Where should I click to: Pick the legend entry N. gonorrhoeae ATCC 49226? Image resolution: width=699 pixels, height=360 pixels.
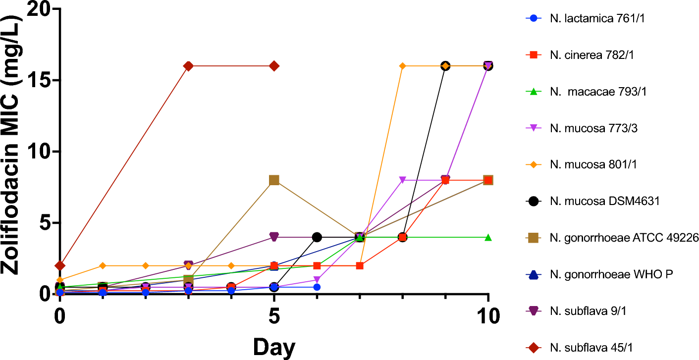pos(617,238)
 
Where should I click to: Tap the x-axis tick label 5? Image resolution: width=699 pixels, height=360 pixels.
pos(273,316)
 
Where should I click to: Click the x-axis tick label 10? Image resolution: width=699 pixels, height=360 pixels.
pos(488,316)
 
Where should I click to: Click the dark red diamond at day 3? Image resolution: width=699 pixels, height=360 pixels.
pos(188,66)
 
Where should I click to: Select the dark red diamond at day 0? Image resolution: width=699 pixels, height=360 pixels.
pos(59,265)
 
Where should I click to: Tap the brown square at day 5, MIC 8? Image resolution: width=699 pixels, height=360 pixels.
pos(274,180)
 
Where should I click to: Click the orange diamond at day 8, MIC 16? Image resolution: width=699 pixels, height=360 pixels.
pos(402,66)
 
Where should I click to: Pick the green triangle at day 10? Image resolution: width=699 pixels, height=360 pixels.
pos(488,237)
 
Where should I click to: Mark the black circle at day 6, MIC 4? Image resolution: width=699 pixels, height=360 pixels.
pos(317,237)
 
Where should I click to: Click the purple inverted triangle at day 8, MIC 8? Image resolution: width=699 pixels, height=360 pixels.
pos(402,180)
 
